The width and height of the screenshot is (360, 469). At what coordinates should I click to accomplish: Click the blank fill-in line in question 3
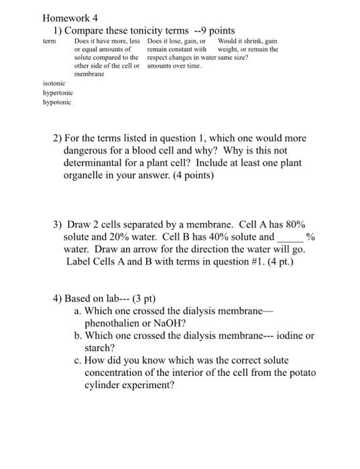coord(290,237)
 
